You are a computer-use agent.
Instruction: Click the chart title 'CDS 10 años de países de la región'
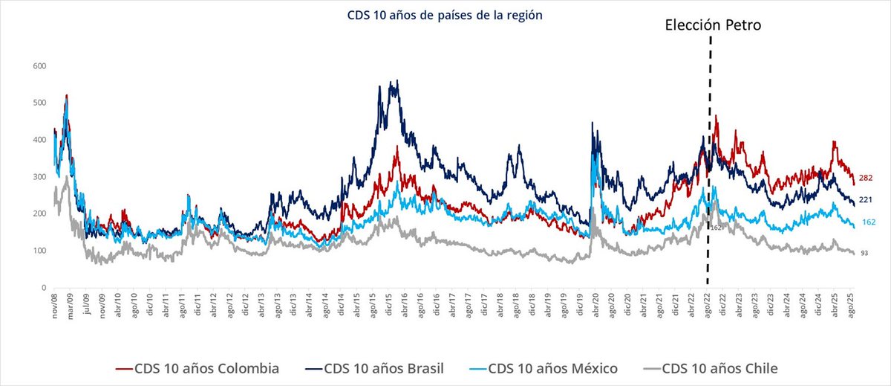440,14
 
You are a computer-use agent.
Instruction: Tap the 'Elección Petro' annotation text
713,25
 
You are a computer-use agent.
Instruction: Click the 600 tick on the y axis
39,66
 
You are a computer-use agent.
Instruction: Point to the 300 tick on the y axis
39,177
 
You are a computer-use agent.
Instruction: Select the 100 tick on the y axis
39,251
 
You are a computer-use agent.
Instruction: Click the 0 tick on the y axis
44,288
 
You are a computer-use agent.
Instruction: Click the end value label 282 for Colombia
866,178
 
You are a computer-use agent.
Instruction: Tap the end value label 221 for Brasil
866,200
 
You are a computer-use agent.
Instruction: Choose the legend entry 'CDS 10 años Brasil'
373,367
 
